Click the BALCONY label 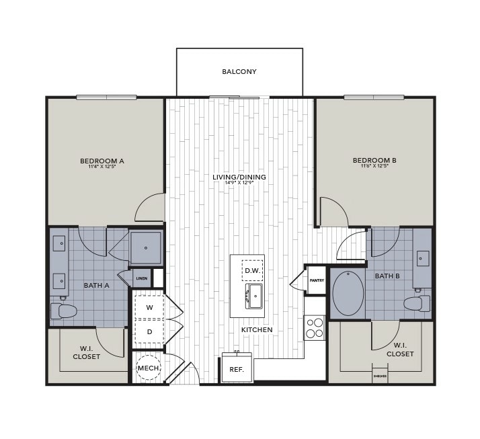click(239, 71)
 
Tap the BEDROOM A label click(102, 161)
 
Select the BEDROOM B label click(374, 160)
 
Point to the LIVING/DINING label click(239, 177)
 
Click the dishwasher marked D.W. click(253, 270)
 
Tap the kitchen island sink click(255, 295)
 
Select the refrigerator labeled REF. click(237, 370)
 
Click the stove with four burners click(314, 327)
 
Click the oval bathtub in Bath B click(348, 293)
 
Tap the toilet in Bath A click(65, 310)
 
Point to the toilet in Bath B click(417, 303)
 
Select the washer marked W click(149, 307)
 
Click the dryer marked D click(149, 331)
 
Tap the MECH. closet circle click(149, 368)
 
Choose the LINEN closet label click(142, 278)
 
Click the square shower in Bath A click(145, 247)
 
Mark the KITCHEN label click(257, 330)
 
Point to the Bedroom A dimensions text click(102, 167)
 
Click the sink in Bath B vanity click(423, 257)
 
